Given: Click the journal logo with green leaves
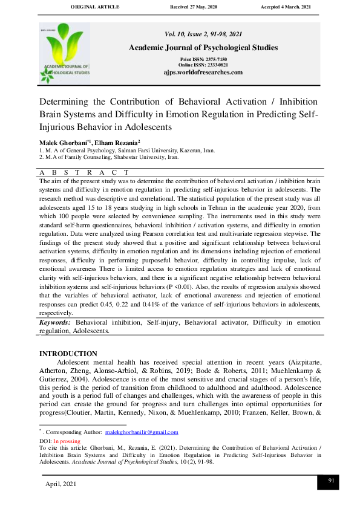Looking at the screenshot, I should click(65, 53).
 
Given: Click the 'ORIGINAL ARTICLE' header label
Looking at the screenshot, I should click(95, 7).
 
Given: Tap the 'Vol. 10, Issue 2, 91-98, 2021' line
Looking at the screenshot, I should click(203, 34).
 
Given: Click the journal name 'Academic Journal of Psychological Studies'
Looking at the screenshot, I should click(203, 47).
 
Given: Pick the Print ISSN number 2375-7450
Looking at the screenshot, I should click(214, 59).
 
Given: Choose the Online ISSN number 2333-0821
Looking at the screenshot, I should click(215, 65).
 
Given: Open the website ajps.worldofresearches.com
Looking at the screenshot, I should click(203, 72).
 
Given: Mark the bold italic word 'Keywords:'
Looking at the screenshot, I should click(54, 323).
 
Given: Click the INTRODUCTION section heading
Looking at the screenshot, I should click(68, 354).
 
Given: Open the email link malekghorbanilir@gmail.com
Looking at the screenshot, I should click(142, 432).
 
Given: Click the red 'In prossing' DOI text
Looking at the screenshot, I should click(67, 441).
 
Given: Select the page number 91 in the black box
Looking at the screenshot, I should click(331, 480).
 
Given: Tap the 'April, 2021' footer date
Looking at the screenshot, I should click(61, 485).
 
